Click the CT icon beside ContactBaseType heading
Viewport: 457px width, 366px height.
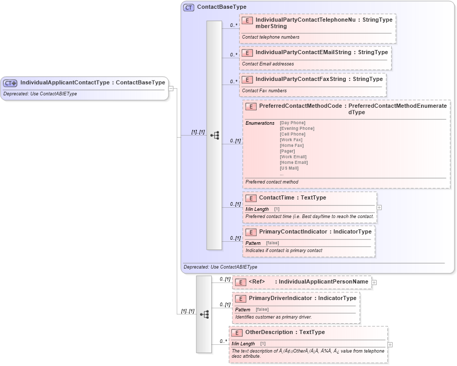pos(189,7)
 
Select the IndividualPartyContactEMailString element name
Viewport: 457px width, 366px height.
pos(303,53)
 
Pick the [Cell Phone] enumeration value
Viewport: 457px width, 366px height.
pos(293,134)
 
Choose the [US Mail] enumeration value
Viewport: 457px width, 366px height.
pos(289,168)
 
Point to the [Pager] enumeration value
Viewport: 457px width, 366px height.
pos(287,151)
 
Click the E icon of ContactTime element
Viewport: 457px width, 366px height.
pos(251,198)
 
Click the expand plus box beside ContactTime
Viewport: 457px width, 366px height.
pos(379,207)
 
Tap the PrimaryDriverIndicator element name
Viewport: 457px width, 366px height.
pos(280,298)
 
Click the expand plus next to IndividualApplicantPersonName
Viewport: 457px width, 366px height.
pos(374,282)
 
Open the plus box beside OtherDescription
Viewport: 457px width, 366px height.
pos(390,345)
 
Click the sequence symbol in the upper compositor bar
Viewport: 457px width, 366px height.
pos(215,136)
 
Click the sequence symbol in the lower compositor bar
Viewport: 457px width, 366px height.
pos(204,314)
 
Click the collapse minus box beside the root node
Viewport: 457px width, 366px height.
pos(171,88)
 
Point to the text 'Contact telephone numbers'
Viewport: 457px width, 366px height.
pos(270,37)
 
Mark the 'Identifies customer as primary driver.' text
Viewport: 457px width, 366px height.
pos(273,317)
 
